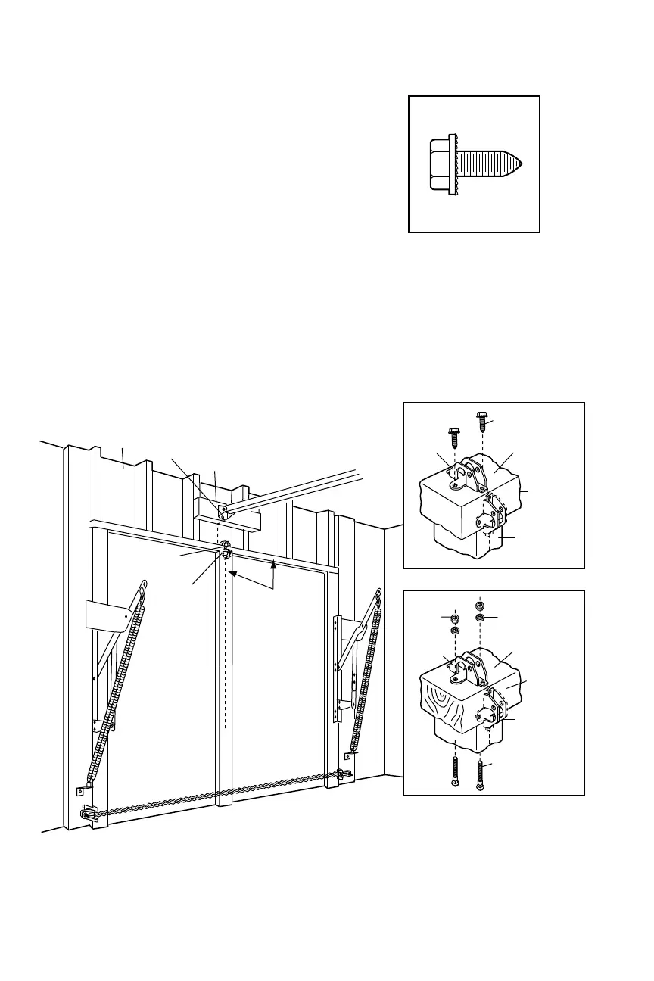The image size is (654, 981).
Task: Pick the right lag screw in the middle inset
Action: [481, 419]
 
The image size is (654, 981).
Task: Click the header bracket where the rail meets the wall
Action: [223, 512]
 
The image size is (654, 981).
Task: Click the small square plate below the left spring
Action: [80, 792]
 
